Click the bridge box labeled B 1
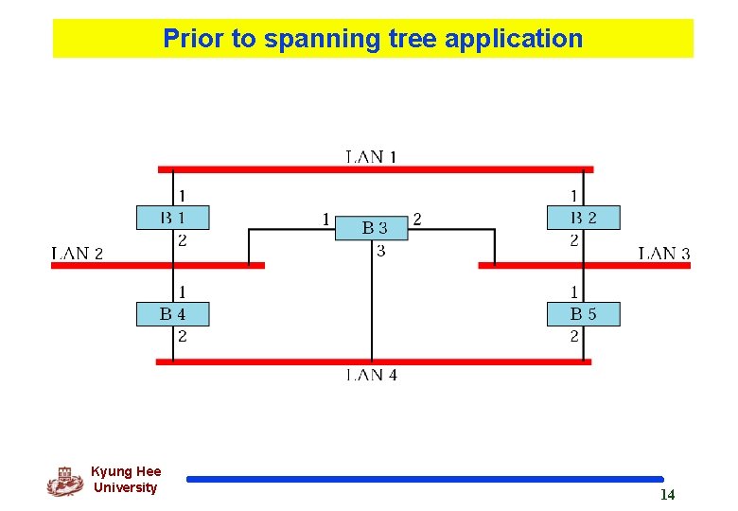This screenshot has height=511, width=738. pyautogui.click(x=172, y=218)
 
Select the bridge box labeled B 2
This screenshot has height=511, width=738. pyautogui.click(x=583, y=218)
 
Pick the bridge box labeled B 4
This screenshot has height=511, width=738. pyautogui.click(x=172, y=314)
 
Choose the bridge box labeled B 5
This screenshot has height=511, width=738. pyautogui.click(x=583, y=314)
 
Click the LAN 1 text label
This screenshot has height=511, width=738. pyautogui.click(x=371, y=157)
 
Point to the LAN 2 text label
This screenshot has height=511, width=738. pyautogui.click(x=77, y=253)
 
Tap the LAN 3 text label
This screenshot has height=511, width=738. pyautogui.click(x=664, y=253)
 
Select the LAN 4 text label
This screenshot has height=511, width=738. pyautogui.click(x=371, y=375)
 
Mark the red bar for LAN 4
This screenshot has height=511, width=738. pyautogui.click(x=284, y=361)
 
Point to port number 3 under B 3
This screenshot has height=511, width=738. pyautogui.click(x=380, y=251)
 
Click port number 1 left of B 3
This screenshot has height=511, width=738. pyautogui.click(x=325, y=220)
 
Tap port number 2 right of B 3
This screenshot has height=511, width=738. pyautogui.click(x=417, y=220)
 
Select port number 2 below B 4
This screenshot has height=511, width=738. pyautogui.click(x=182, y=336)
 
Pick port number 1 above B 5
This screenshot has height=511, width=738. pyautogui.click(x=574, y=291)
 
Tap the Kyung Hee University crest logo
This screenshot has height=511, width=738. pyautogui.click(x=64, y=481)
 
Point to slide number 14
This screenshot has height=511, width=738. pyautogui.click(x=667, y=495)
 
